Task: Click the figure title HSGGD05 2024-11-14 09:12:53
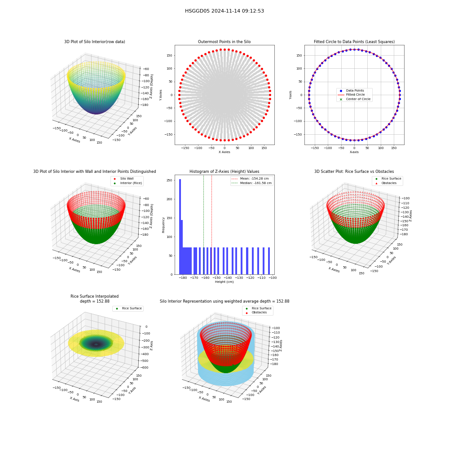click(224, 11)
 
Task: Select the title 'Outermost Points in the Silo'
click(224, 42)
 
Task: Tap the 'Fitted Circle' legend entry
click(351, 95)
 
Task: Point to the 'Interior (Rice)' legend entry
click(128, 183)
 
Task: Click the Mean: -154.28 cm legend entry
click(250, 179)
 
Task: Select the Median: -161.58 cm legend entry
click(251, 183)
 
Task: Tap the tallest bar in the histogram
click(180, 227)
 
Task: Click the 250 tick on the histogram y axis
click(170, 180)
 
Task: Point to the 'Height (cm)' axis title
click(224, 282)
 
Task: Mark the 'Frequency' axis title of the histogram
click(163, 225)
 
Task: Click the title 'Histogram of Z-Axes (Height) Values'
click(224, 172)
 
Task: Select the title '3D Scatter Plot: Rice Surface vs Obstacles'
click(354, 172)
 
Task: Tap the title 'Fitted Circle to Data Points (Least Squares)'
click(354, 42)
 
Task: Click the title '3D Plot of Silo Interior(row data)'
click(94, 42)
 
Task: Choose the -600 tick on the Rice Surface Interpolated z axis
click(145, 368)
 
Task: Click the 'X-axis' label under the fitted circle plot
click(354, 152)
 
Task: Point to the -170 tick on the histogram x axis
click(194, 278)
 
